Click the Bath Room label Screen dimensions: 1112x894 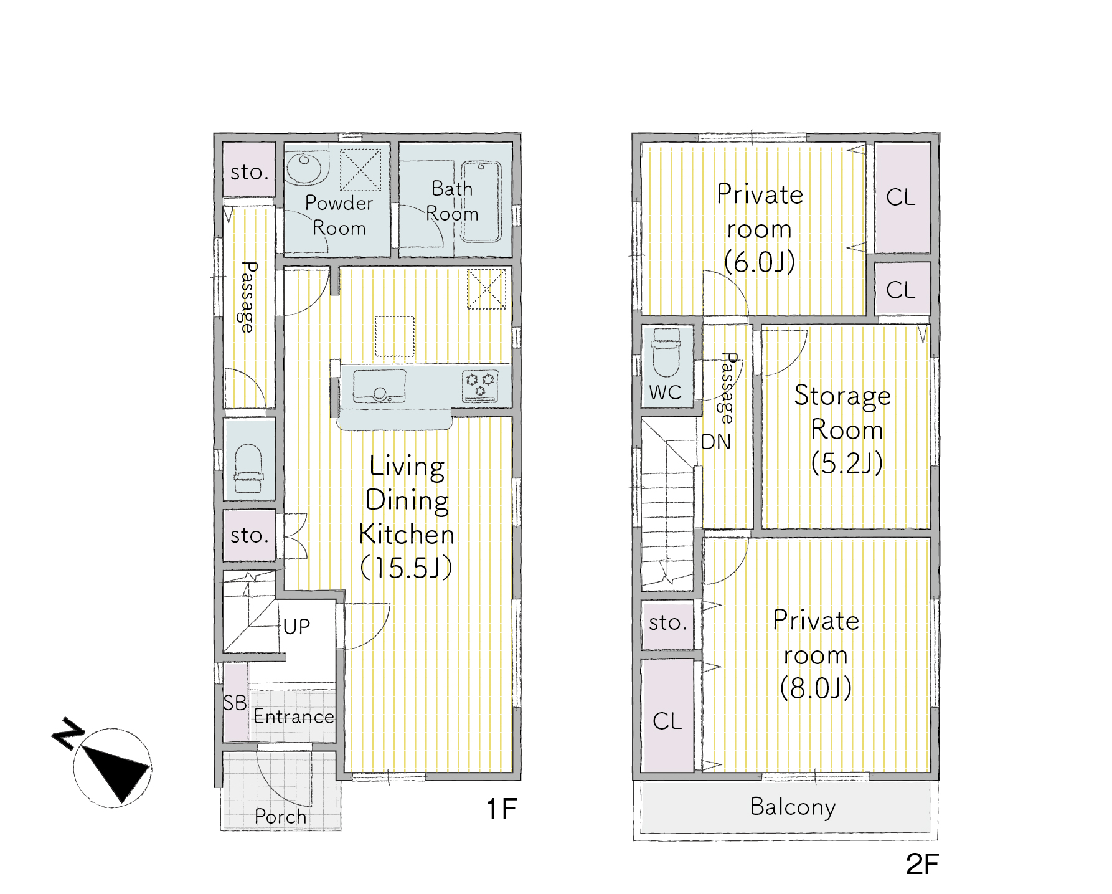[x=452, y=201]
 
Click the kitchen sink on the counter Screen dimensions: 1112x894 [x=379, y=386]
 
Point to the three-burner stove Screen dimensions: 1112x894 [x=480, y=386]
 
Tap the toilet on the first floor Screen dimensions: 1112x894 [x=249, y=468]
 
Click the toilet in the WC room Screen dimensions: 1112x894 [x=666, y=353]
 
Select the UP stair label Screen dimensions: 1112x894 [x=296, y=626]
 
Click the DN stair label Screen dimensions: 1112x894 [x=715, y=442]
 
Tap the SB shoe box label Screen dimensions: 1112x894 [x=235, y=703]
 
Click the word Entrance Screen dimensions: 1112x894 [x=294, y=716]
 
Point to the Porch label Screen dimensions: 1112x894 [x=281, y=816]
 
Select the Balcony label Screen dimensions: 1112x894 [x=793, y=807]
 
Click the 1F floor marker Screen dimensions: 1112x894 [x=501, y=809]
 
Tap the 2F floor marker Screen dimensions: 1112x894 [x=922, y=864]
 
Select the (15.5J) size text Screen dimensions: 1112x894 [x=407, y=567]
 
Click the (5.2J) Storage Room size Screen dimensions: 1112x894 [x=847, y=463]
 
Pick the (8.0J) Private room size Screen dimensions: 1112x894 [x=816, y=688]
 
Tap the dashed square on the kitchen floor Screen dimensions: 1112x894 [x=395, y=336]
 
